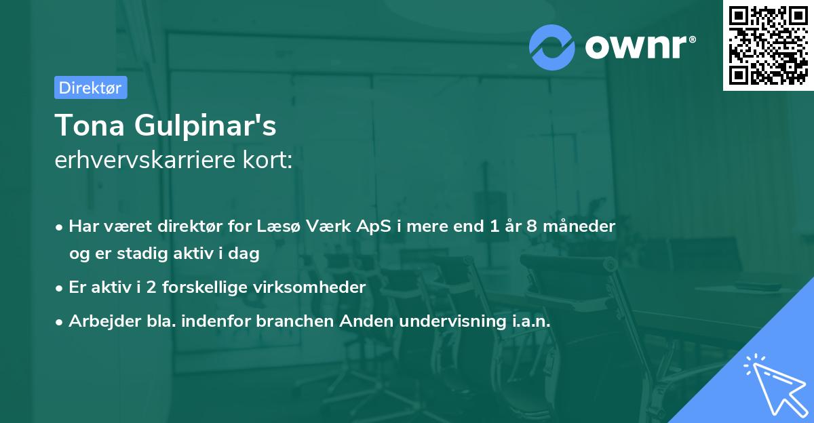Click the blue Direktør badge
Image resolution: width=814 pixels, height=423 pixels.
coord(91,87)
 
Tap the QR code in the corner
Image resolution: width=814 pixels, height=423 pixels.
coord(769,45)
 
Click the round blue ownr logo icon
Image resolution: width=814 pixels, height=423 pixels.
coord(551,47)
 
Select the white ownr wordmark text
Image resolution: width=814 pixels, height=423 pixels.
coord(640,47)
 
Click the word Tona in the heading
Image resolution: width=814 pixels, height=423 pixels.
coord(90,125)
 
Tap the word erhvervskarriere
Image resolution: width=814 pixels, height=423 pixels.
coord(145,160)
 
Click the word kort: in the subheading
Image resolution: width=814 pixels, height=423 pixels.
coord(267,160)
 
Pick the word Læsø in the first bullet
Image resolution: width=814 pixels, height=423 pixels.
coord(278,226)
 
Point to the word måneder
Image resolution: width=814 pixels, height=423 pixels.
coord(579,226)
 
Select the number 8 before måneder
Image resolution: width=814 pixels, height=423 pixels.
coord(532,226)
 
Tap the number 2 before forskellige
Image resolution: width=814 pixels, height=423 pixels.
coord(151,287)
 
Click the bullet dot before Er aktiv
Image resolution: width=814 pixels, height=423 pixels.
coord(59,289)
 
